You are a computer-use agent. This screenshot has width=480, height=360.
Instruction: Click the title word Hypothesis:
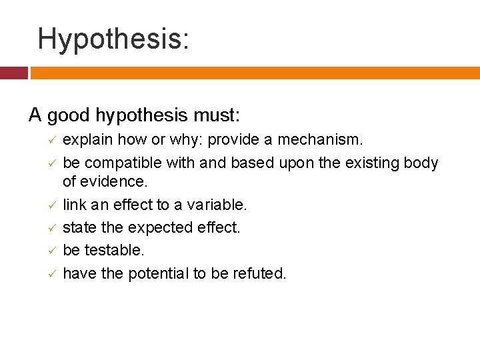113,39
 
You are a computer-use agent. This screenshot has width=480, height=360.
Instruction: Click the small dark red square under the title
13,73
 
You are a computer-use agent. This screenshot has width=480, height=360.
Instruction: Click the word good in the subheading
67,116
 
